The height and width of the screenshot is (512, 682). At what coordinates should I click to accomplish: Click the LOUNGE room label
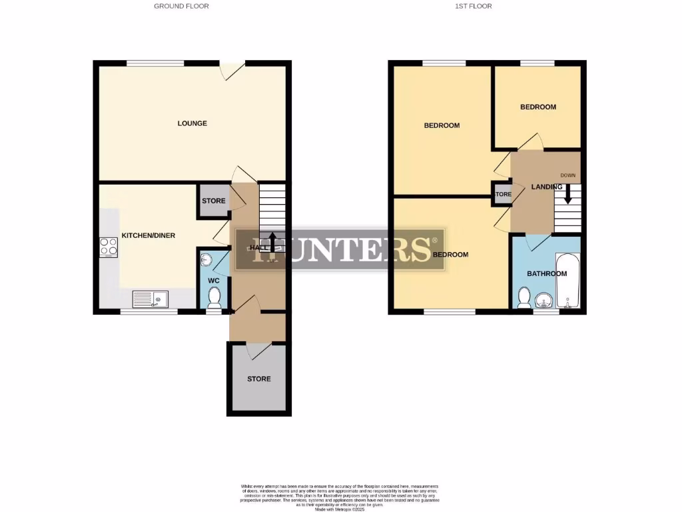[192, 123]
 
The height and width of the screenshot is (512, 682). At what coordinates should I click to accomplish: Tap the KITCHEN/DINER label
[148, 235]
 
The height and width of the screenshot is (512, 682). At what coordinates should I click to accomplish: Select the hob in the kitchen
[109, 247]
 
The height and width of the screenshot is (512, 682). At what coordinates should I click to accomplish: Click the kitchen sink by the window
[150, 299]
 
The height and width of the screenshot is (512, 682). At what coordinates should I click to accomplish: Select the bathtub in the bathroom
[567, 281]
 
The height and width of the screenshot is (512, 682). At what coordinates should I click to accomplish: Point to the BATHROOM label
[547, 274]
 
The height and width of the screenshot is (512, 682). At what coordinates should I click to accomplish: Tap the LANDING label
[547, 187]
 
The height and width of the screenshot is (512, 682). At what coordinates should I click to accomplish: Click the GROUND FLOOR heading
[181, 6]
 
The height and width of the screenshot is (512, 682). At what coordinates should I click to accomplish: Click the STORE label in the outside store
[259, 379]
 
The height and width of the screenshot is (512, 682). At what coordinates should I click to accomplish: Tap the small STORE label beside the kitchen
[213, 201]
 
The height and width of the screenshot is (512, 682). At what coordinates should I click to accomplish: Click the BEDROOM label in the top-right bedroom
[537, 107]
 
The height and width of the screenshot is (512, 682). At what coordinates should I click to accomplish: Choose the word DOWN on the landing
[567, 176]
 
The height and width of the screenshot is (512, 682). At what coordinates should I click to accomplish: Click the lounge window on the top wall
[156, 63]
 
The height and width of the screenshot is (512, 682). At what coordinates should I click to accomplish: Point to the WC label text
[214, 281]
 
